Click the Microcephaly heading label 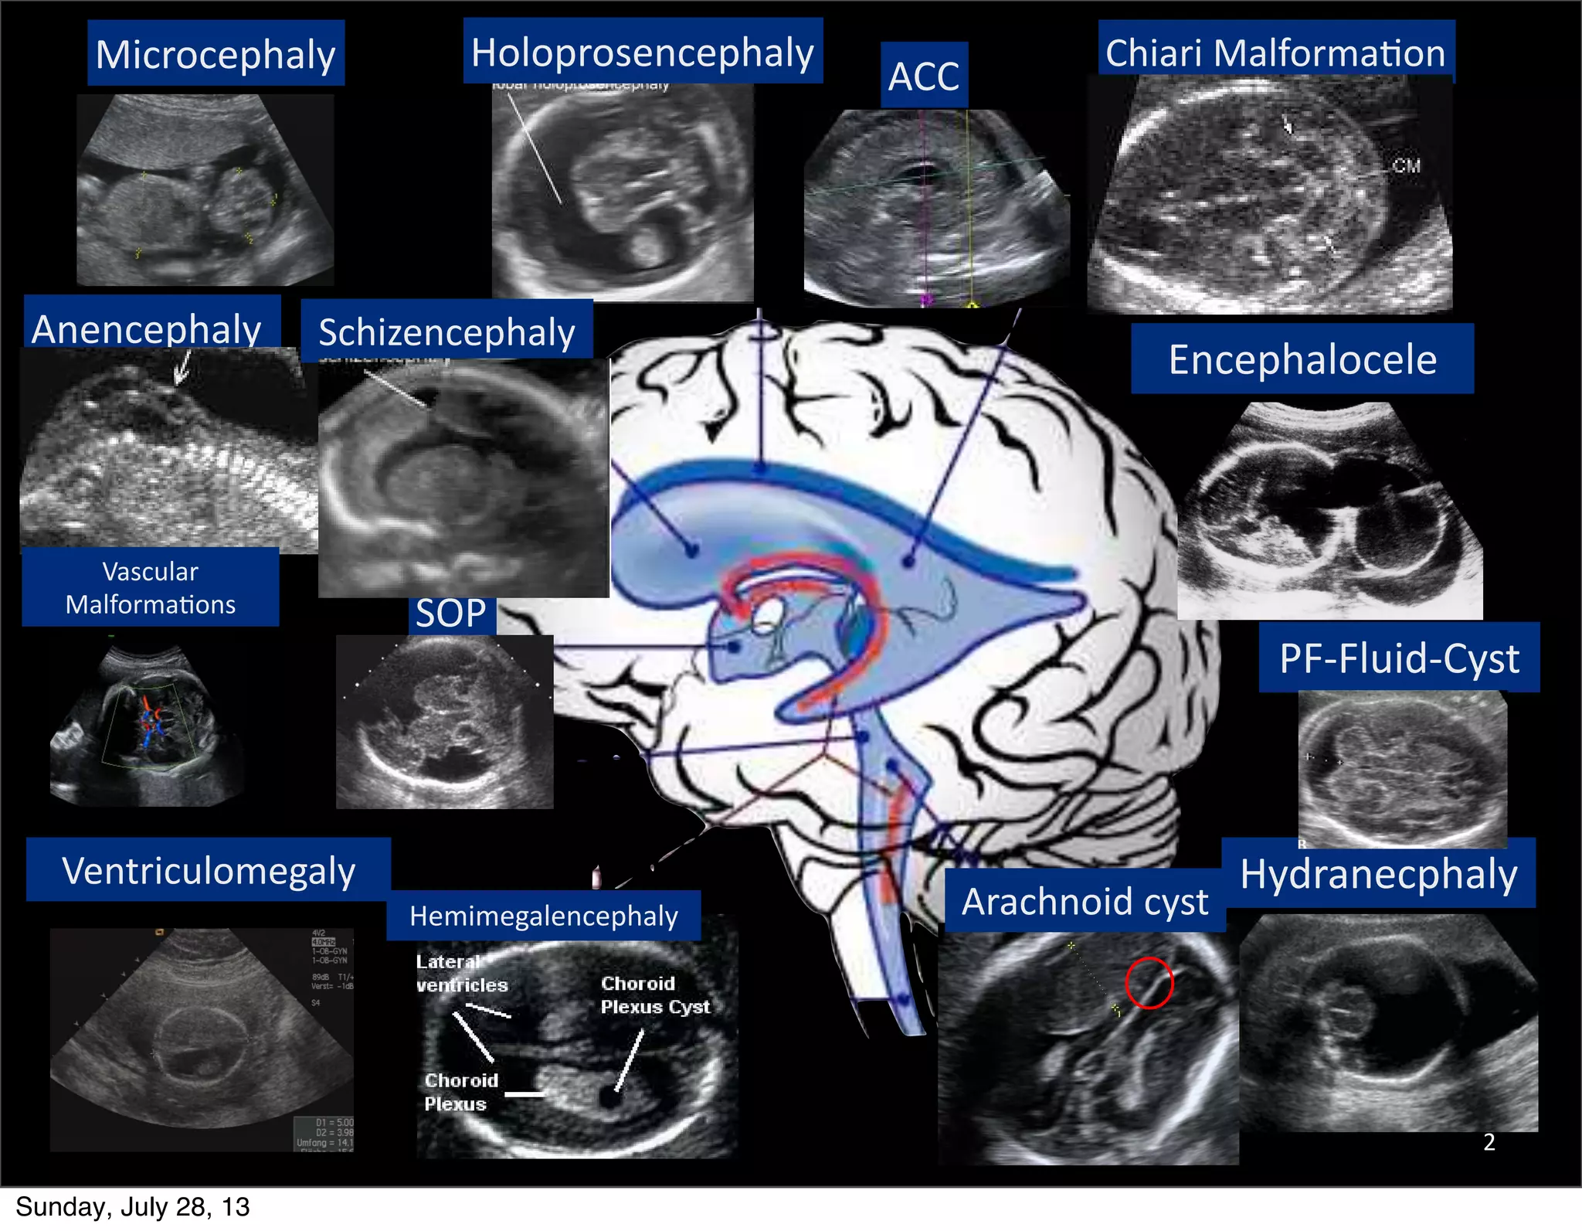pos(216,54)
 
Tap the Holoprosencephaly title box pos(643,52)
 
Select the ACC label pos(924,76)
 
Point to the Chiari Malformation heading pos(1275,53)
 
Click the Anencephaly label pos(147,328)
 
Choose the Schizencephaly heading pos(446,332)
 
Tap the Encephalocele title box pos(1302,359)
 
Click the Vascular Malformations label pos(151,587)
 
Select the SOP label pos(451,614)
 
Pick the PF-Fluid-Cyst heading pos(1399,658)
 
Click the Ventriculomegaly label pos(209,870)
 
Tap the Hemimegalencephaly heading pos(544,916)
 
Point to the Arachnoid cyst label pos(1085,901)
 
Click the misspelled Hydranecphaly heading pos(1379,873)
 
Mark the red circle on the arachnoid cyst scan pos(1149,982)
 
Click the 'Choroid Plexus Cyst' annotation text pos(654,995)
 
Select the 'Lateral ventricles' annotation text pos(461,973)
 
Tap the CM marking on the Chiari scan pos(1406,165)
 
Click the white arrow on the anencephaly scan pos(182,367)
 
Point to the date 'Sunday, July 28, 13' pos(133,1207)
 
